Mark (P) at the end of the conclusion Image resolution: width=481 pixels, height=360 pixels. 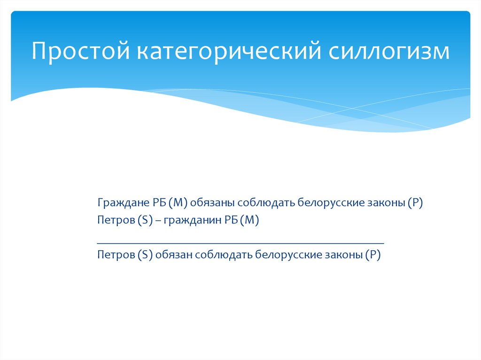374,255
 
